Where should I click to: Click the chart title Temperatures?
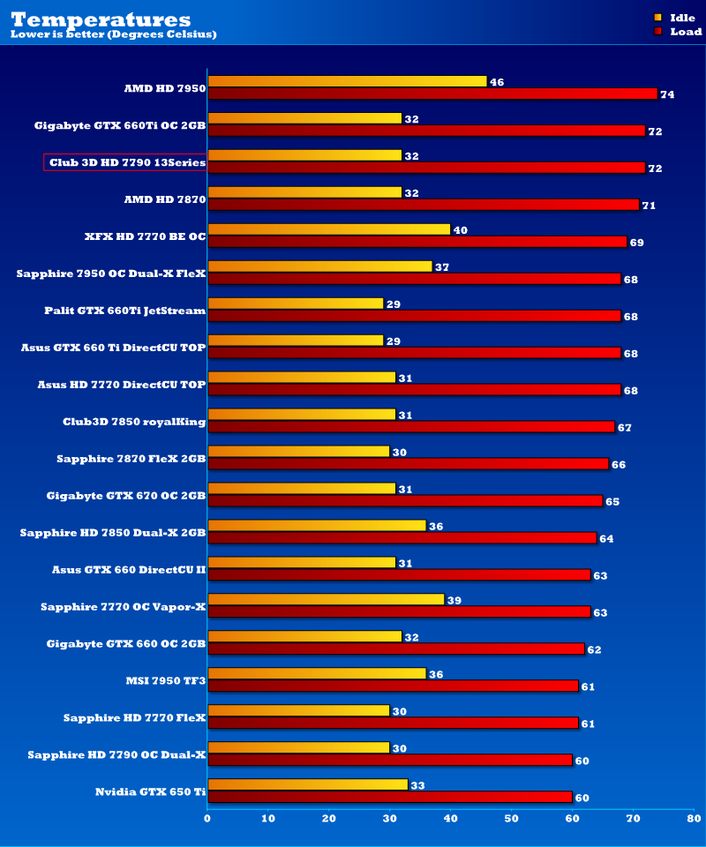click(100, 19)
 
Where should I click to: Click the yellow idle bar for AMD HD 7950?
click(347, 81)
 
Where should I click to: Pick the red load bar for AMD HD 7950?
click(432, 94)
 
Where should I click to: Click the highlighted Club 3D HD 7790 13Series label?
click(125, 162)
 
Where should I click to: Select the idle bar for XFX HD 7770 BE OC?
click(328, 229)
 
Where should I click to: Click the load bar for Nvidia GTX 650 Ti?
click(390, 797)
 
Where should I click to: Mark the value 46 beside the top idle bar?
click(497, 82)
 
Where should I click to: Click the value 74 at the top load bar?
click(667, 94)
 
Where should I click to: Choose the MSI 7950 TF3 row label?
click(166, 681)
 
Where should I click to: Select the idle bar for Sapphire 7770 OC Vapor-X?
click(326, 599)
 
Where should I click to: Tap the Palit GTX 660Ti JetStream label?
click(124, 311)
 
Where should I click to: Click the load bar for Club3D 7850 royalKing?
click(411, 427)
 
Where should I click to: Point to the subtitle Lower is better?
click(113, 34)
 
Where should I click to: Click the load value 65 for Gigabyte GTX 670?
click(612, 501)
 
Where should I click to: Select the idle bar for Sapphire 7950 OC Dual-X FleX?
click(319, 266)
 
